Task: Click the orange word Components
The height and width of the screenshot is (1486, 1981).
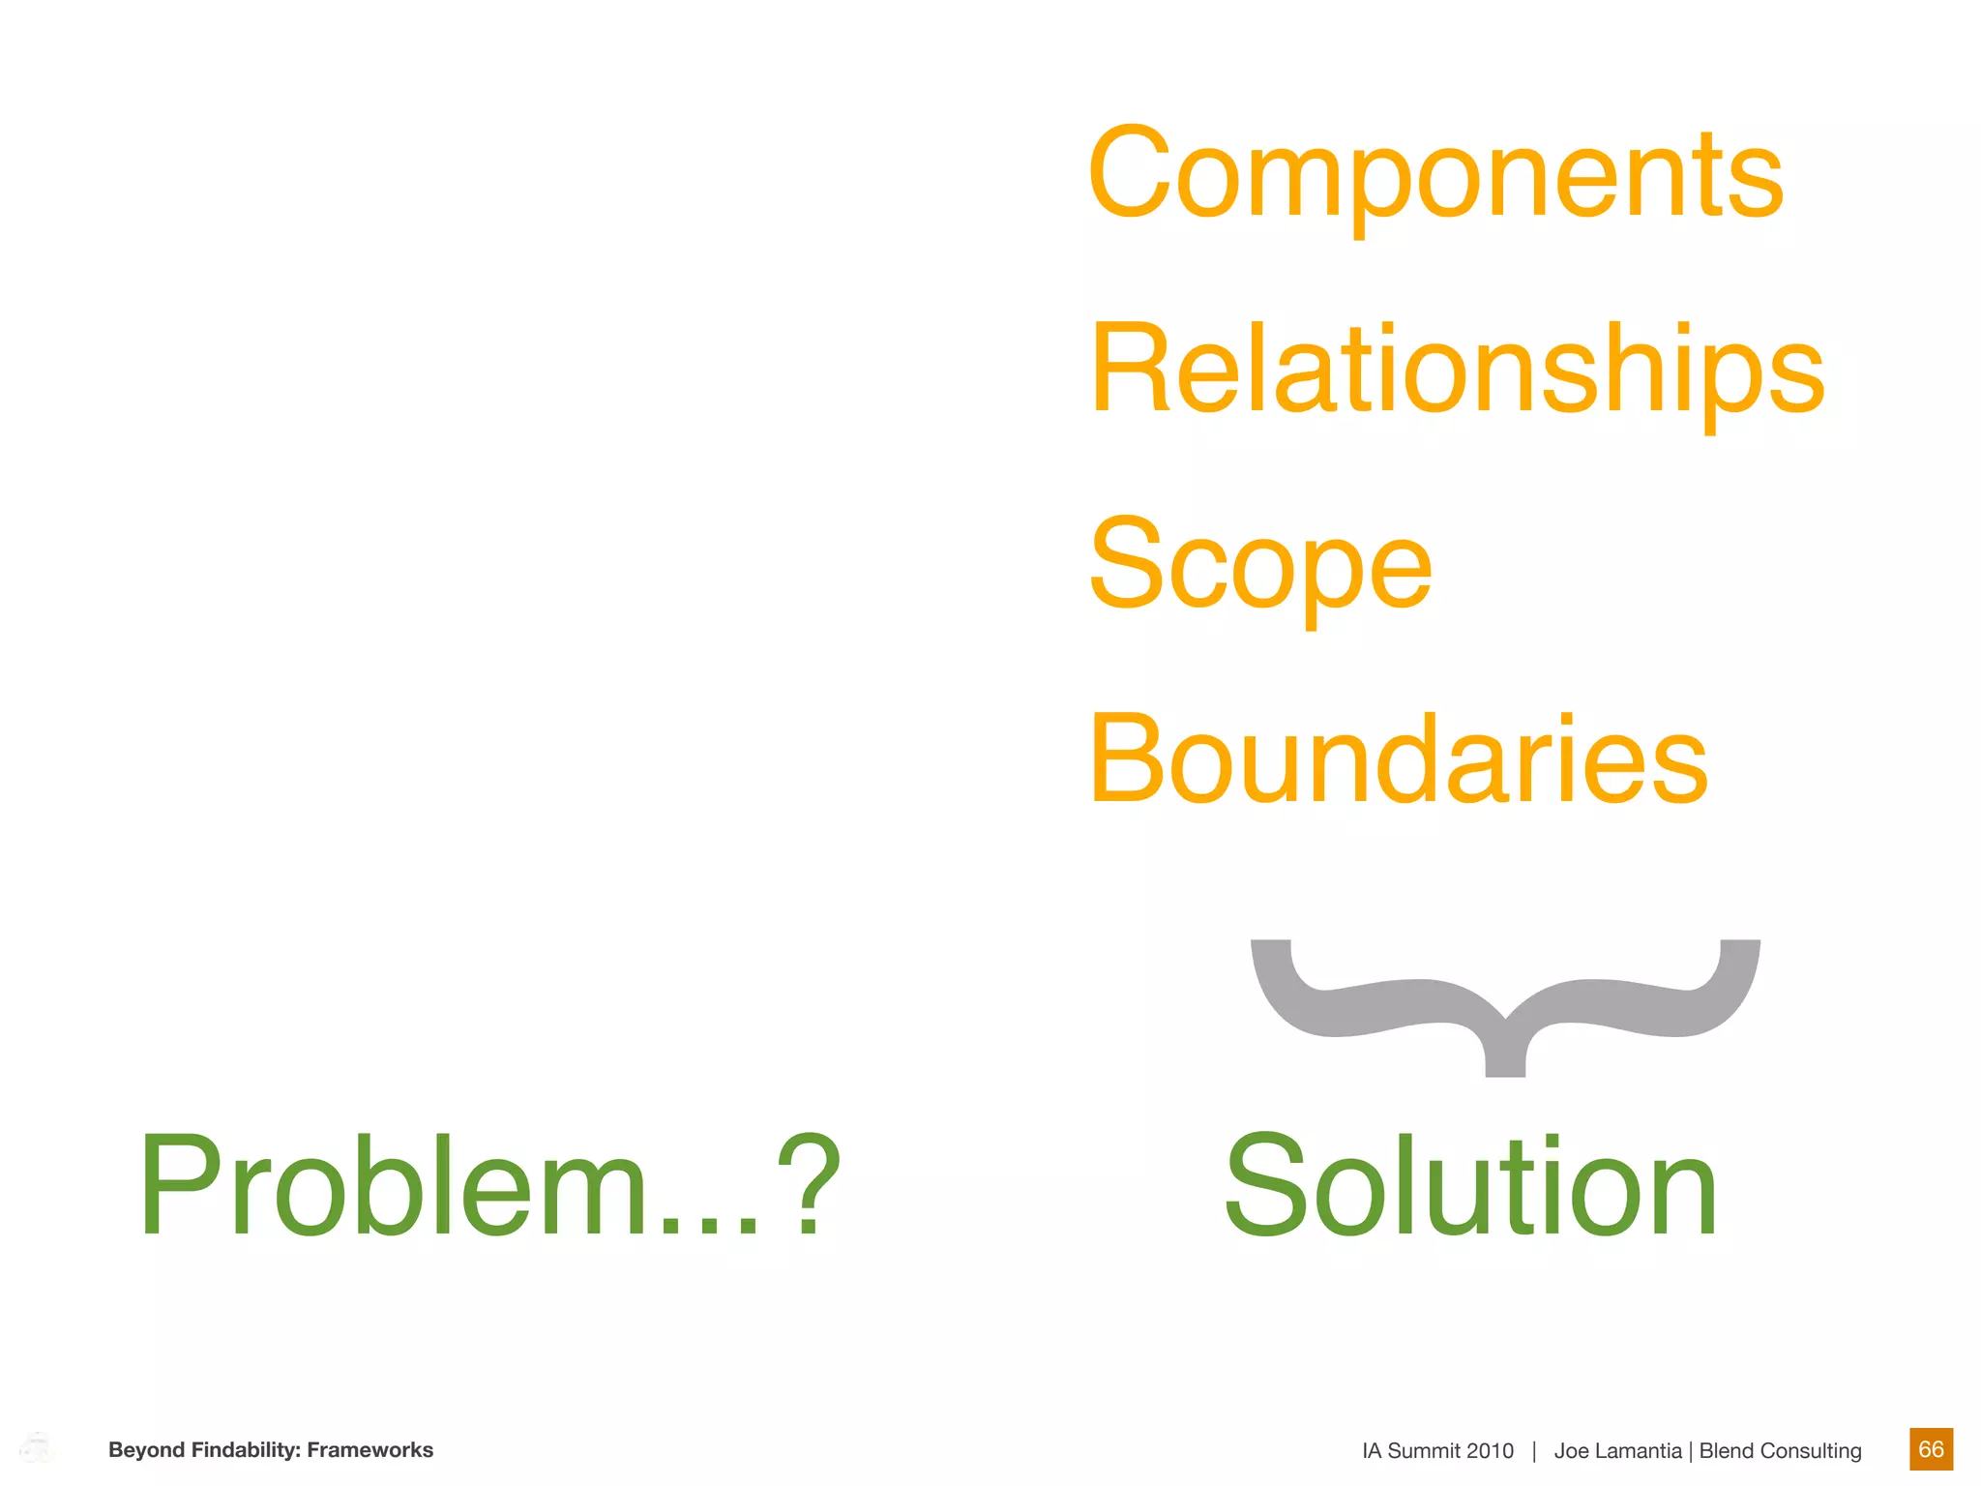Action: pos(1435,174)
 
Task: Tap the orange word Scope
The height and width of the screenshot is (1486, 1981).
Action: pos(1259,565)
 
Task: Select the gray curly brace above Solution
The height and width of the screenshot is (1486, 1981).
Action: pos(1505,1006)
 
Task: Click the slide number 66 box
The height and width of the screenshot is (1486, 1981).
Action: pos(1931,1449)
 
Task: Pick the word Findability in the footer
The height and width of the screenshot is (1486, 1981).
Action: pos(246,1450)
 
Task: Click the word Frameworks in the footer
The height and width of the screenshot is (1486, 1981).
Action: pos(370,1450)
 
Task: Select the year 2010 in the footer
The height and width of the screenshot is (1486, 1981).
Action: pos(1490,1451)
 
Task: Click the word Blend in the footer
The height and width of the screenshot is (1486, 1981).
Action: pos(1726,1451)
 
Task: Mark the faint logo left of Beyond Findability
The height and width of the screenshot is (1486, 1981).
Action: pos(37,1448)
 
